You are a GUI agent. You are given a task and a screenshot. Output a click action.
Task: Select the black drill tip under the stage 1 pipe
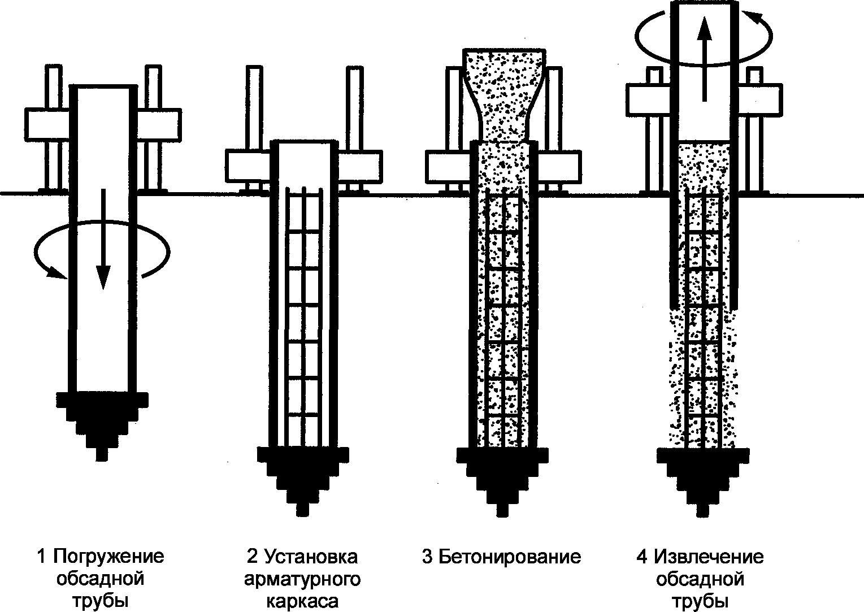tap(102, 421)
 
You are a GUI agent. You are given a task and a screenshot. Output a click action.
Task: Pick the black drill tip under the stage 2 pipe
tap(303, 478)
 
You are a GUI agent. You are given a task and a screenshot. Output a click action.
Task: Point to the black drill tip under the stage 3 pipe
tap(502, 478)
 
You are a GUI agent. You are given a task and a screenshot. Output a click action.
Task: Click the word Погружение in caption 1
tap(108, 557)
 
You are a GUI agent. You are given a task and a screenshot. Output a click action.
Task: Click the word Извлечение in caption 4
tap(709, 557)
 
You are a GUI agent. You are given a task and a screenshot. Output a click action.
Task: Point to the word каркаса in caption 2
tap(302, 600)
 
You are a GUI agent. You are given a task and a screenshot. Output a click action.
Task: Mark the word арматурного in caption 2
tap(302, 579)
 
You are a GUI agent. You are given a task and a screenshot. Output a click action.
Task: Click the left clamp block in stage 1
tap(47, 125)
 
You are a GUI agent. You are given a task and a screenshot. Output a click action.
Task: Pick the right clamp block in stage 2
tap(359, 165)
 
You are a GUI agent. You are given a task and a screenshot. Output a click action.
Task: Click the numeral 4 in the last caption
tap(641, 557)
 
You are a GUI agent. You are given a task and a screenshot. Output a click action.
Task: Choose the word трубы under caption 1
tap(101, 601)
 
